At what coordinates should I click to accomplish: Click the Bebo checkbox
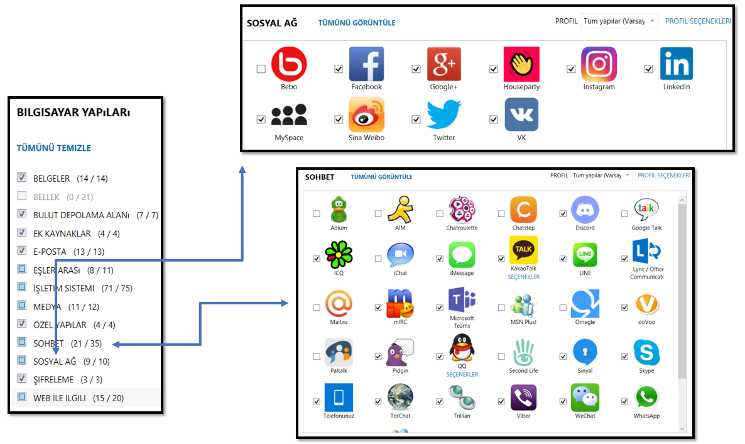(261, 69)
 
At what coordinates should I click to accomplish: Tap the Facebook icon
(366, 64)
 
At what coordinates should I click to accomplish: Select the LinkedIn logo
(676, 64)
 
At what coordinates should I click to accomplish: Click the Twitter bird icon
(444, 115)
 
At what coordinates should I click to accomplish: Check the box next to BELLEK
(22, 196)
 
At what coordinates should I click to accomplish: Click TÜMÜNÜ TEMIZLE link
(54, 148)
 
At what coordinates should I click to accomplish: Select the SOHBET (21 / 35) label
(67, 343)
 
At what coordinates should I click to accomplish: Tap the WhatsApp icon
(646, 397)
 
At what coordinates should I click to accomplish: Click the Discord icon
(585, 209)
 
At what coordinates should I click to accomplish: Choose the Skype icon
(646, 352)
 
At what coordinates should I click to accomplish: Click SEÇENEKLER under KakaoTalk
(523, 277)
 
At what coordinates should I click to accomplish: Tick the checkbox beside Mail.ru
(316, 308)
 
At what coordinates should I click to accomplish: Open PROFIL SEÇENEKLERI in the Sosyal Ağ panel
(698, 21)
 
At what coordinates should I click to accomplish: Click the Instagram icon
(599, 64)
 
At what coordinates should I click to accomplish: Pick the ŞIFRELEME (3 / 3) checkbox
(22, 379)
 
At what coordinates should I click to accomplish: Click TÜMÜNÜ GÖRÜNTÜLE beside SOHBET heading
(381, 177)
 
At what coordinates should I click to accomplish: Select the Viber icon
(523, 397)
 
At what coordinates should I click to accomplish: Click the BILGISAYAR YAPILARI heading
(73, 113)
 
